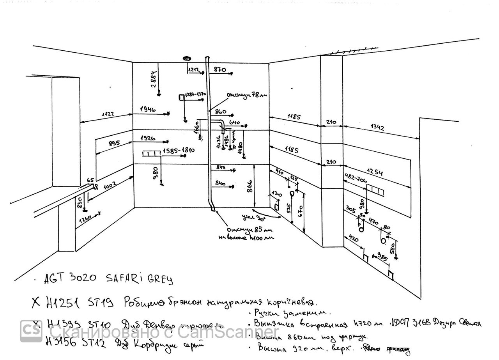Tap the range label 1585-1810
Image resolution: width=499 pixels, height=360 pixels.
coord(179,150)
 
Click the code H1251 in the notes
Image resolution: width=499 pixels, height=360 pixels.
coord(62,301)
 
